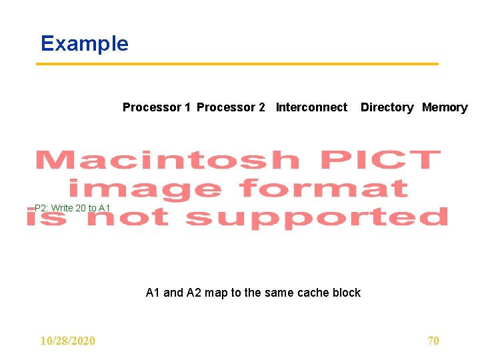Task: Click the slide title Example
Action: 84,43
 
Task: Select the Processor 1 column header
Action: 157,107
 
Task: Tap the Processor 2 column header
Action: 231,107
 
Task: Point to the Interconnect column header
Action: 311,107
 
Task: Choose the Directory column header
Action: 387,107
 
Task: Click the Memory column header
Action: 445,107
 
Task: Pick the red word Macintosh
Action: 167,161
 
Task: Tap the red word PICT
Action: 379,161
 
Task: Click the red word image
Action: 145,189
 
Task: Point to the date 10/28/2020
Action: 67,341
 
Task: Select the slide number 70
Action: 433,341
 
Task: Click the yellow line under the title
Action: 237,64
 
